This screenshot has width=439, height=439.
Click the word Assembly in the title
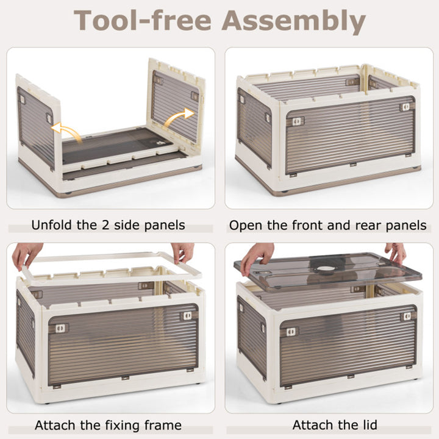pyautogui.click(x=293, y=21)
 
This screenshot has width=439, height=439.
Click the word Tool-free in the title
pyautogui.click(x=142, y=20)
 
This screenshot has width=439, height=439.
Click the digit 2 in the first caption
pyautogui.click(x=105, y=225)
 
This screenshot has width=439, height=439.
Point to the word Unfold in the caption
pyautogui.click(x=51, y=225)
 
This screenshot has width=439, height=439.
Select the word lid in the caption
pyautogui.click(x=367, y=425)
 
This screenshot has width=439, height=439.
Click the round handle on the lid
pyautogui.click(x=326, y=269)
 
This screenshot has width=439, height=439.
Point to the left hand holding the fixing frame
pyautogui.click(x=27, y=254)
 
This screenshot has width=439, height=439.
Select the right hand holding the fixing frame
pyautogui.click(x=184, y=252)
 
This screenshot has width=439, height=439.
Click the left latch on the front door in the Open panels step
pyautogui.click(x=298, y=121)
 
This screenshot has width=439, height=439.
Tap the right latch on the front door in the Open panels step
pyautogui.click(x=405, y=107)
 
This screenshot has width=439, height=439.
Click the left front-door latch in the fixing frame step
pyautogui.click(x=60, y=328)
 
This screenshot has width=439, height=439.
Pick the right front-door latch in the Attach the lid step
pyautogui.click(x=407, y=316)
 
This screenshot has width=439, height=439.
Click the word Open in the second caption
pyautogui.click(x=246, y=226)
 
